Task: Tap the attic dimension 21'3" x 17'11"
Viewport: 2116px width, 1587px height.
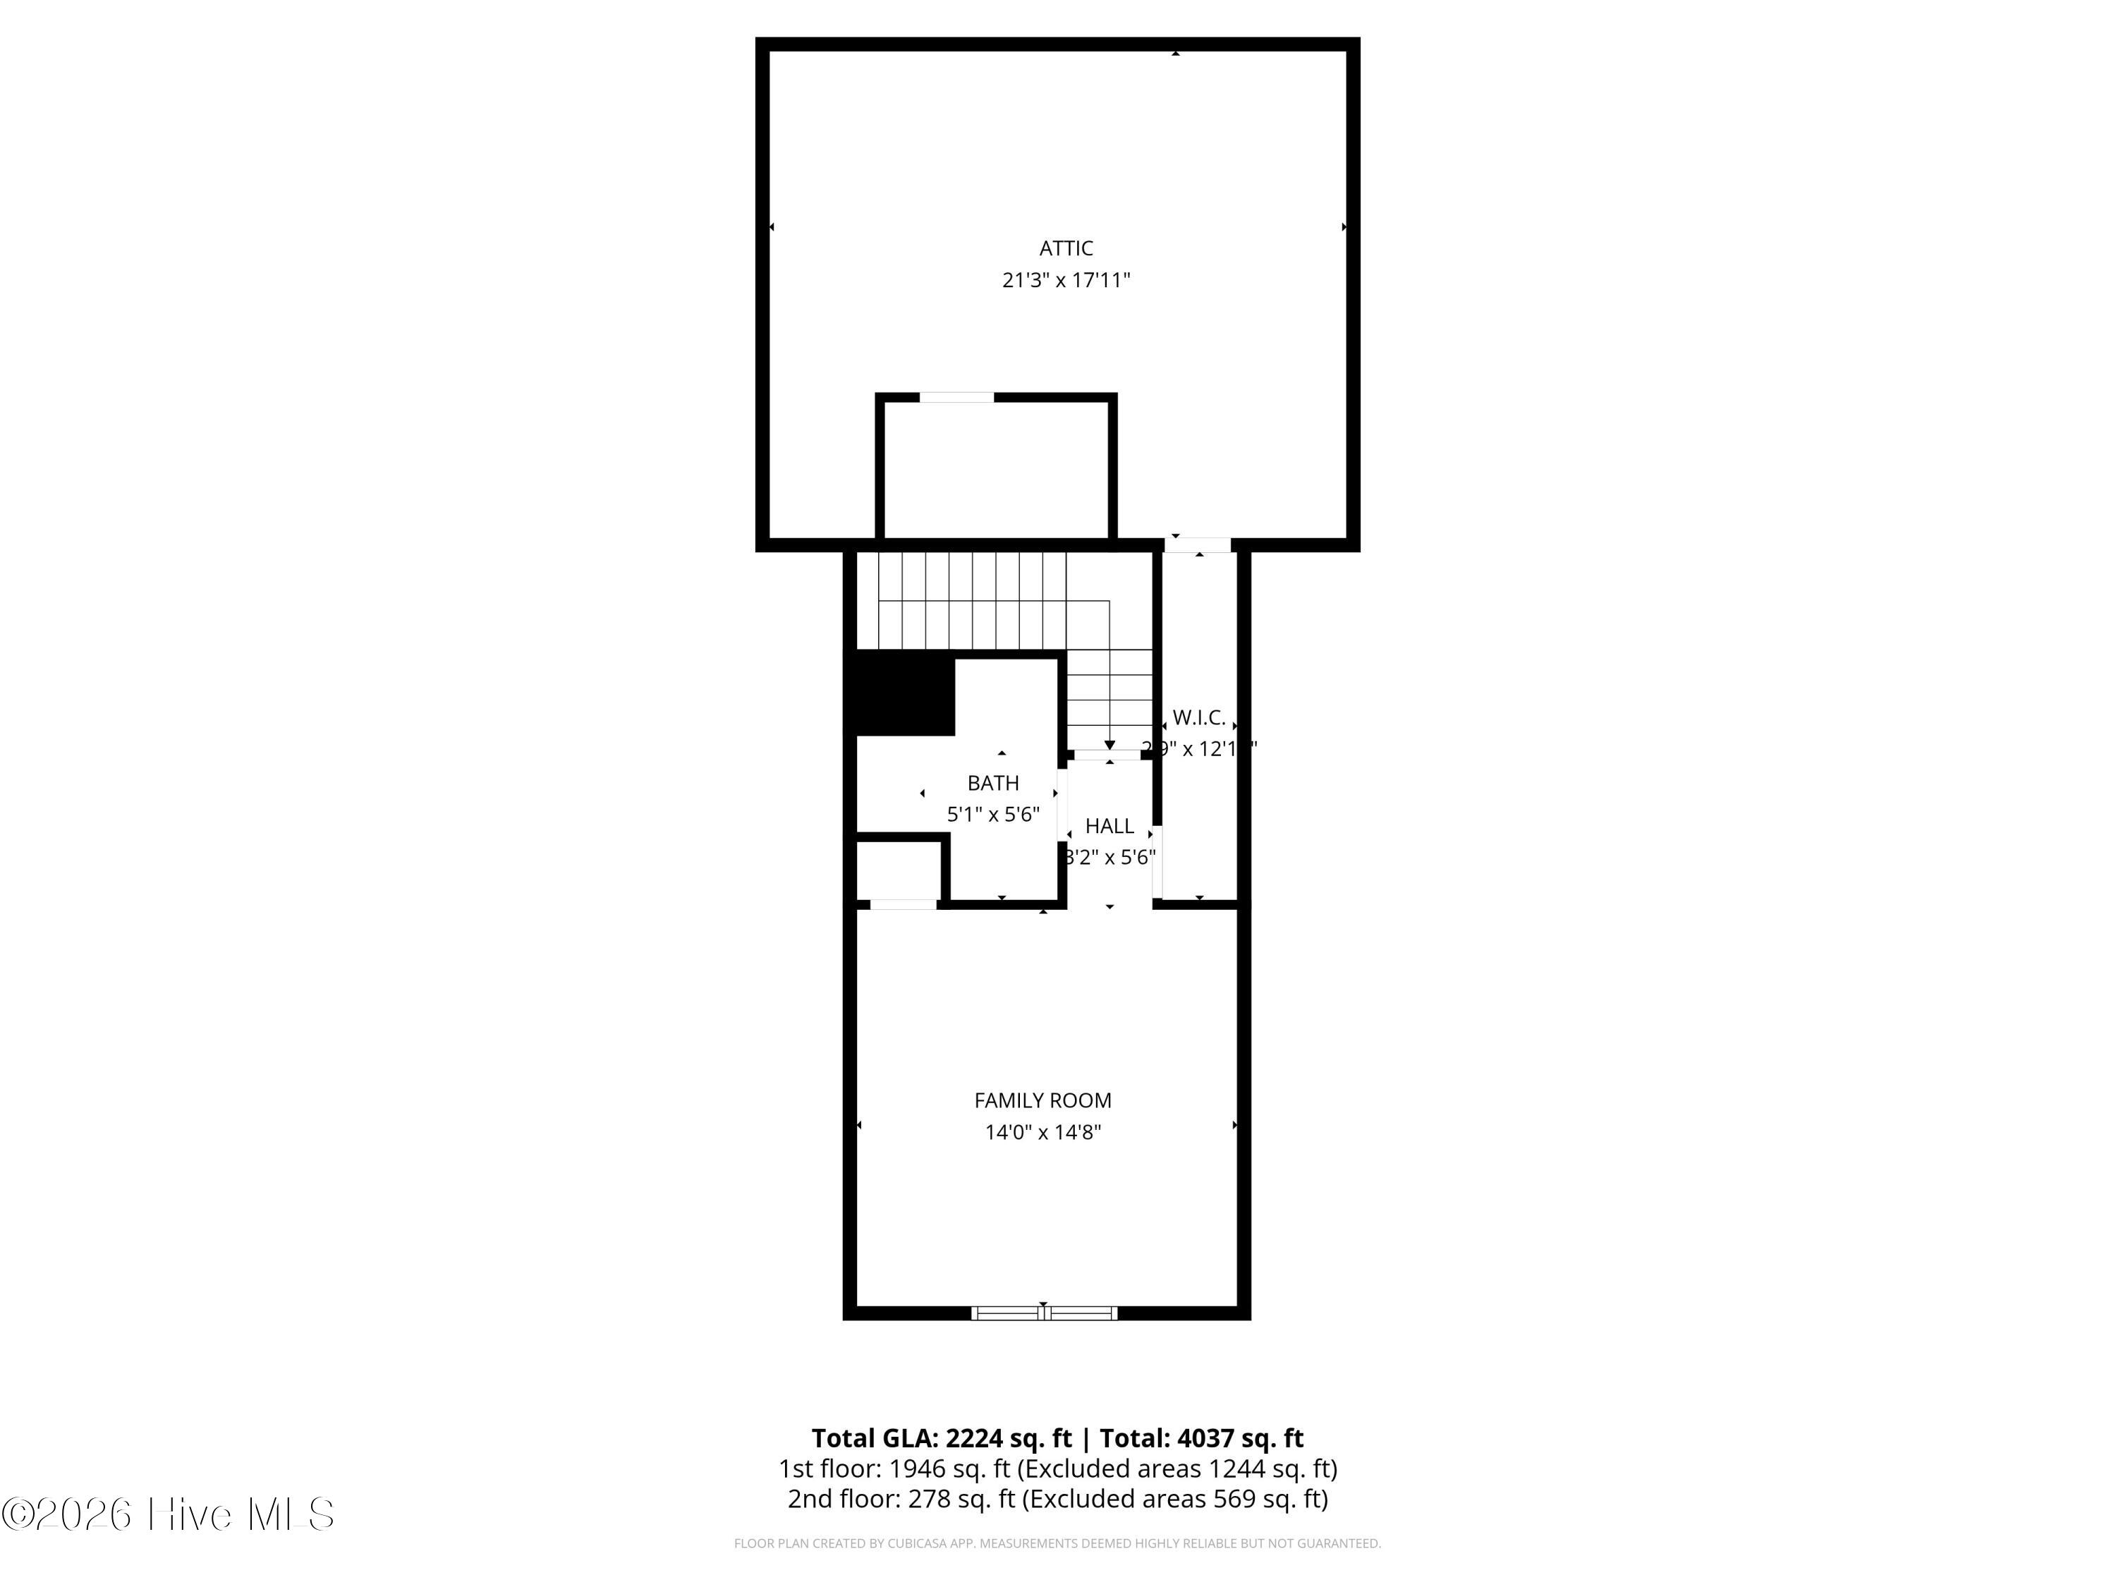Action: (1066, 280)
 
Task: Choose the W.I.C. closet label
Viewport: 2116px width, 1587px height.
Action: (1198, 717)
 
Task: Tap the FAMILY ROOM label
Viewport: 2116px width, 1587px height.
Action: (1042, 1101)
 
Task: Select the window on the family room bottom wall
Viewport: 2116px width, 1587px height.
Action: (1044, 1313)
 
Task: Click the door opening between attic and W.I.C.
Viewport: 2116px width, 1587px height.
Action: (1198, 545)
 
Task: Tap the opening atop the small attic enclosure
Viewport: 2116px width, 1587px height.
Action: (956, 398)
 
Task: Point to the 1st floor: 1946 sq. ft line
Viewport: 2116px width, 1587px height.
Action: (1057, 1469)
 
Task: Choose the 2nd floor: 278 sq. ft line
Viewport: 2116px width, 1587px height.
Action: (1057, 1499)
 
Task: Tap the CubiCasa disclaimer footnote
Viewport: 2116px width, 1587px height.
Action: (1057, 1543)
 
